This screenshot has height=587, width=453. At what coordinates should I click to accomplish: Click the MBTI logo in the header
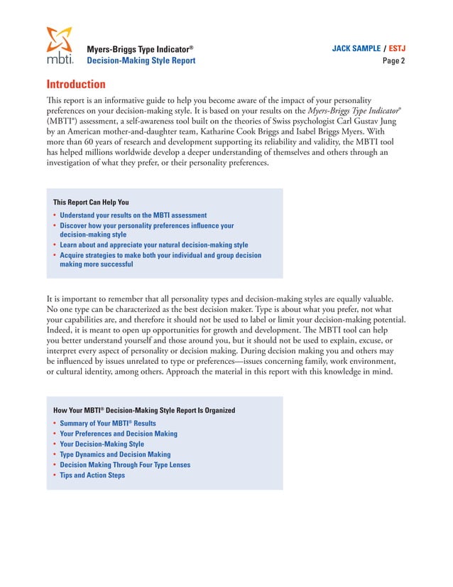[59, 45]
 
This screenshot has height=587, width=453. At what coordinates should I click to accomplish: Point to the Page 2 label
[393, 61]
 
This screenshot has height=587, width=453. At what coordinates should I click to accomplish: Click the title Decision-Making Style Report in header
[141, 61]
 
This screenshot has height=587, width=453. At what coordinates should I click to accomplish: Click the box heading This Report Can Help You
[91, 202]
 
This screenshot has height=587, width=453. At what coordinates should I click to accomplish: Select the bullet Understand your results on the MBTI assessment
[133, 215]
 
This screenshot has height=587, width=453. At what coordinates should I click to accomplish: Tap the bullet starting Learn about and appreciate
[153, 244]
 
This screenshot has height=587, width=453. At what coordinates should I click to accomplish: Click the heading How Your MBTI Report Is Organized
[144, 410]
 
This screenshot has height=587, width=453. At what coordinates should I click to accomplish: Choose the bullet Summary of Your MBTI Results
[107, 423]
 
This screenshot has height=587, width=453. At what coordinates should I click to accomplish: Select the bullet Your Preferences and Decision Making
[119, 433]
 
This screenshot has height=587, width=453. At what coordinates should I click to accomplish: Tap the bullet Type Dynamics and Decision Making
[115, 455]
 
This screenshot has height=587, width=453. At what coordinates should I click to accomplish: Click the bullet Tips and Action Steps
[92, 475]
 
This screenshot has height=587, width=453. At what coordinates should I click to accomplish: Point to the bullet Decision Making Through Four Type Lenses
[135, 465]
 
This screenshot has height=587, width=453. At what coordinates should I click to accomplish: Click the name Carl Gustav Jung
[349, 120]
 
